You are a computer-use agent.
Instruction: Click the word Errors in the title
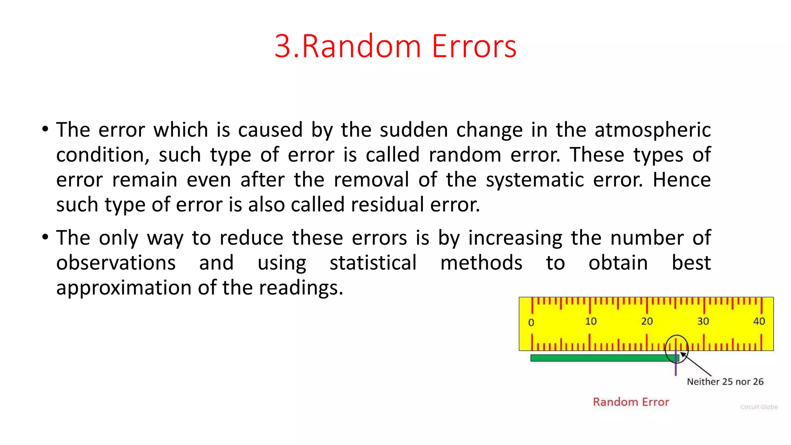tap(474, 46)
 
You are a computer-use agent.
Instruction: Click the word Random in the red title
tap(361, 46)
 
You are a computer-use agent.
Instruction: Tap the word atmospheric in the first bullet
tap(652, 130)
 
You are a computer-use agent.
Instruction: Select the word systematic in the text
tap(535, 180)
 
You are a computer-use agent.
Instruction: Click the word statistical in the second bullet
tap(373, 263)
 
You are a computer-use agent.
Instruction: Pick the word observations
tap(116, 263)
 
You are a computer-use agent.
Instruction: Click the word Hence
tap(681, 180)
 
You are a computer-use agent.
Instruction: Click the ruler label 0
tap(531, 323)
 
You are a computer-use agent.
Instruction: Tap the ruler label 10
tap(591, 321)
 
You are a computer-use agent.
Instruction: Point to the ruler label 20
tap(647, 321)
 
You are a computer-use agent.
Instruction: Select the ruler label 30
tap(703, 321)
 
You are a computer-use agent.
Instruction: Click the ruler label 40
tap(759, 321)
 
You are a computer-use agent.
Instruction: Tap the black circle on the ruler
tap(677, 336)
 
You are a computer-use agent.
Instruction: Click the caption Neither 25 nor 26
tap(725, 382)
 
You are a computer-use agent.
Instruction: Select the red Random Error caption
tap(631, 402)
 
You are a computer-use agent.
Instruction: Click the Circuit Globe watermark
tap(759, 407)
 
